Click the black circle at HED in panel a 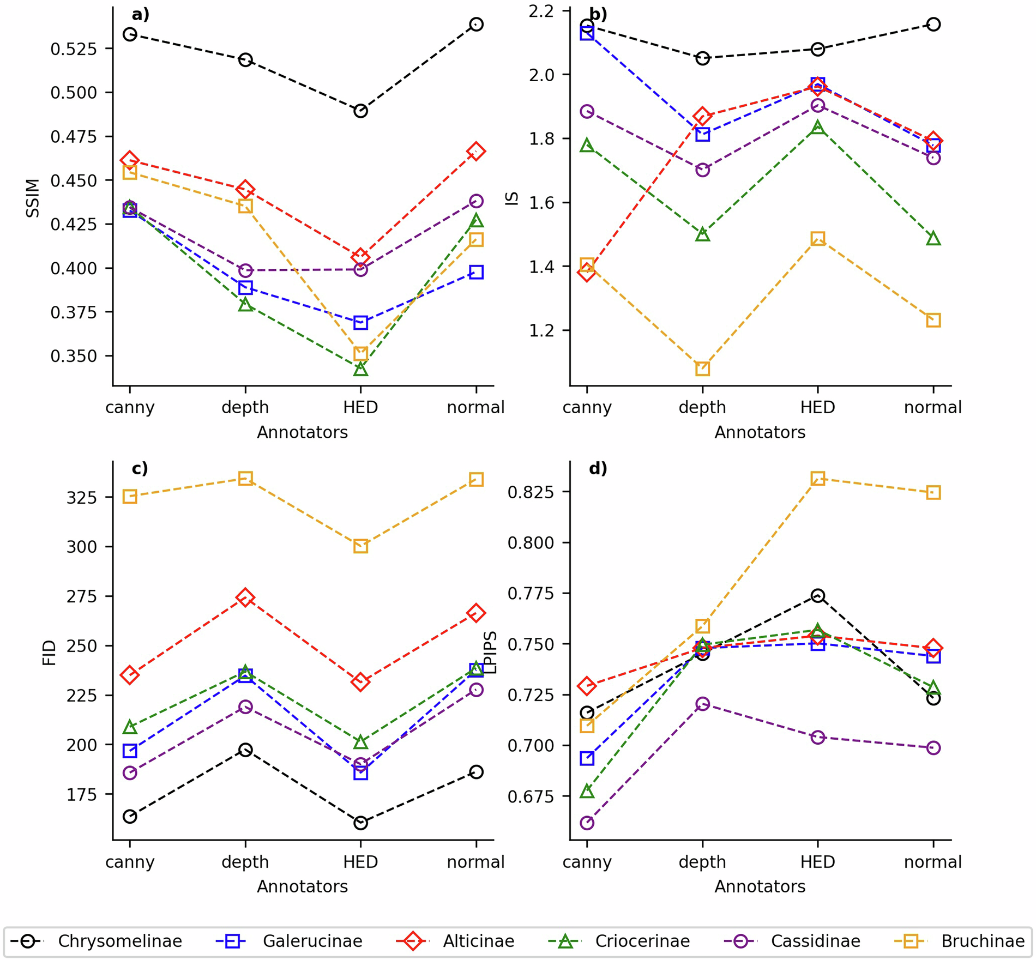click(360, 111)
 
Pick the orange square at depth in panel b click(702, 369)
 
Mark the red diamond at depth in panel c click(245, 597)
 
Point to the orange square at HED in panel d click(817, 479)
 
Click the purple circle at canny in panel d click(587, 823)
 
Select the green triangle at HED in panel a click(360, 370)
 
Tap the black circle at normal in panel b click(933, 25)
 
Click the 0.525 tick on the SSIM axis click(73, 49)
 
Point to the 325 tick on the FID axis click(81, 497)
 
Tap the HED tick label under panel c click(360, 862)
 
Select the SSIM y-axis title click(33, 198)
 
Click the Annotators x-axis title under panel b click(760, 432)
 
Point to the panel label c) click(140, 468)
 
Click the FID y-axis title click(49, 653)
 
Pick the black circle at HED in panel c click(360, 823)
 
